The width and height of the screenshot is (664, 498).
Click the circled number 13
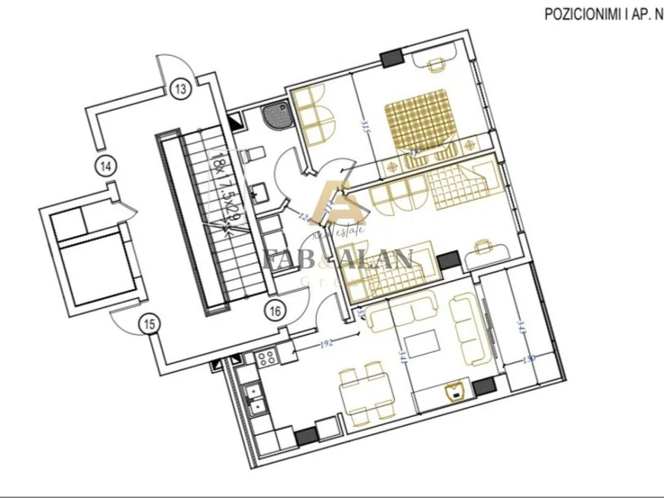pos(180,89)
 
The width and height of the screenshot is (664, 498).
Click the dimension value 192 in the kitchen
pos(325,344)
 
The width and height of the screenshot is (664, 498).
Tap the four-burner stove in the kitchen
pos(266,358)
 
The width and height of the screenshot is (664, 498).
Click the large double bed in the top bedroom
pos(417,119)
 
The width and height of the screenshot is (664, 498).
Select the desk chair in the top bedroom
pos(435,64)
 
